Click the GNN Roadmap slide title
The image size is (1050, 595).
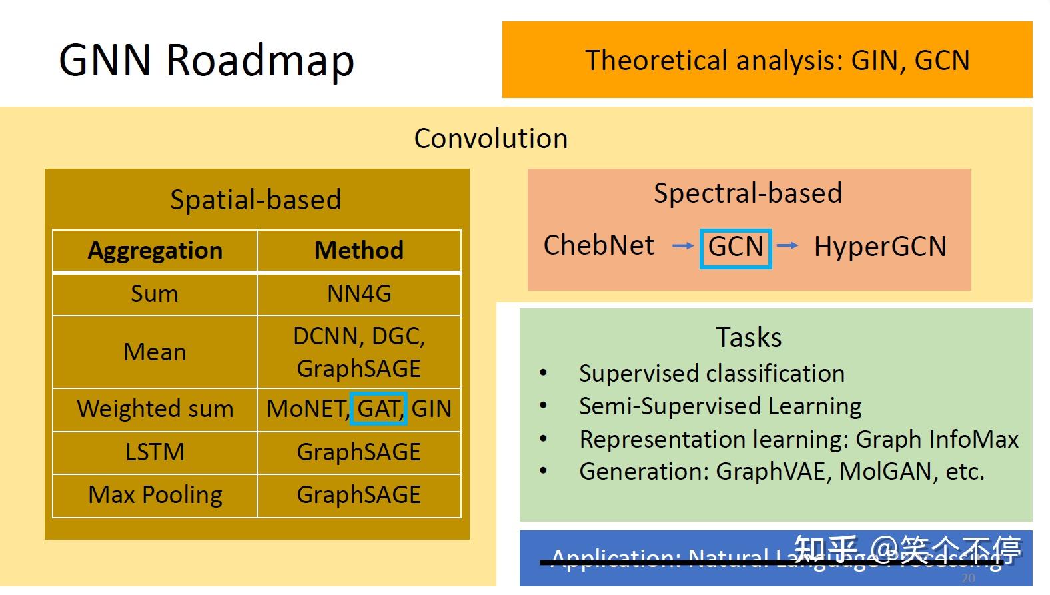pos(207,60)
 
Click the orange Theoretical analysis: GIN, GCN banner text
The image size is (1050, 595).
pos(777,61)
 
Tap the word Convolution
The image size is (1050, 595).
pos(491,139)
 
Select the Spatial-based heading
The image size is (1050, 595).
pos(256,200)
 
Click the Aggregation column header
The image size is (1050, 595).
pos(155,251)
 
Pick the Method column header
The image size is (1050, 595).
pos(359,251)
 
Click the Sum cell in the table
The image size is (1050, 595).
pos(155,294)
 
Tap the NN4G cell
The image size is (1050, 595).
pos(359,294)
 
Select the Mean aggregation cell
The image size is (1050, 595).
pos(155,352)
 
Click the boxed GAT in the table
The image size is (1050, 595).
pos(379,408)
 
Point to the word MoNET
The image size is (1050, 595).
pos(306,408)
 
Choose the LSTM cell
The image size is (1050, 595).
pos(155,452)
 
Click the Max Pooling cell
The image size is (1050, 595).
pos(155,495)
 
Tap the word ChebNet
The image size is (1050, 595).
pos(598,245)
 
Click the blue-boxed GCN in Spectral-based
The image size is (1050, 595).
pos(736,247)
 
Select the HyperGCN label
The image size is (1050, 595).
pos(879,247)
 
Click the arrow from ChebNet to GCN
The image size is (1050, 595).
pos(683,246)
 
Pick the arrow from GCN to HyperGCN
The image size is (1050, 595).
pos(787,245)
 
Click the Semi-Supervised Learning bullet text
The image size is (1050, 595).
pos(720,406)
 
